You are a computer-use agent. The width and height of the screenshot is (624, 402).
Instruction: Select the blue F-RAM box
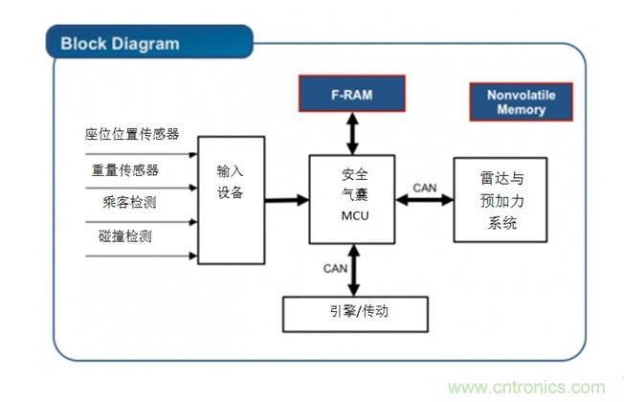click(x=351, y=94)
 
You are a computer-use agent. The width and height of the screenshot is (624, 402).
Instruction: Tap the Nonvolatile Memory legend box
click(x=521, y=102)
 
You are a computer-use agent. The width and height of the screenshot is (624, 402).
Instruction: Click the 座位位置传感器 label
click(x=133, y=133)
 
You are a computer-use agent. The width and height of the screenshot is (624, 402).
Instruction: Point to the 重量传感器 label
click(x=124, y=169)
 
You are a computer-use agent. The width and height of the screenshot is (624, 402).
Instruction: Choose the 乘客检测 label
click(x=121, y=203)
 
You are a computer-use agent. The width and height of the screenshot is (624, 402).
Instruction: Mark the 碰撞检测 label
click(x=121, y=236)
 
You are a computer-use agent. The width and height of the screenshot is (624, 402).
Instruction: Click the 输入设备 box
click(x=231, y=199)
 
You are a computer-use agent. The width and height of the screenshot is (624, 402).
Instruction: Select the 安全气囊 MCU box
click(x=353, y=198)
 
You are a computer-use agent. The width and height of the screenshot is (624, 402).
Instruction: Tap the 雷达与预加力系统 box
click(x=500, y=199)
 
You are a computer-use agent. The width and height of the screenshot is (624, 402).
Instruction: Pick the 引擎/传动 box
click(x=354, y=313)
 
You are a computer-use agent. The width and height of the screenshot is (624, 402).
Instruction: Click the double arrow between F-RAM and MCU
click(x=352, y=133)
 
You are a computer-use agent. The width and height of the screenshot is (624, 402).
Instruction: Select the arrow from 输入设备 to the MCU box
click(x=286, y=199)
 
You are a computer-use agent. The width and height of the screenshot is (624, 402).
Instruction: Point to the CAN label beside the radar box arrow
click(x=424, y=188)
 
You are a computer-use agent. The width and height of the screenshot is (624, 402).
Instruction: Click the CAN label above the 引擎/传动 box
click(x=335, y=268)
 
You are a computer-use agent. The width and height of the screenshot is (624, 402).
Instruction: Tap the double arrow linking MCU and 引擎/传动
click(x=353, y=269)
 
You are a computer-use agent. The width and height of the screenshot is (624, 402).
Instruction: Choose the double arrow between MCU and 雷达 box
click(x=424, y=200)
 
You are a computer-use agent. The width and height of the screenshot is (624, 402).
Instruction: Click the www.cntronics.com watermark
click(x=527, y=388)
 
